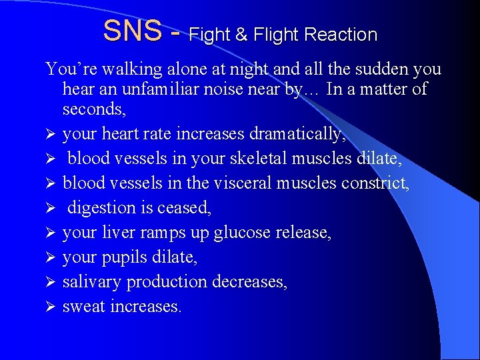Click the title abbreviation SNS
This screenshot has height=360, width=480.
coord(133,31)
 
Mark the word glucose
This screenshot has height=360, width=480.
coord(237,233)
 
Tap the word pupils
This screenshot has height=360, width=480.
coord(125,257)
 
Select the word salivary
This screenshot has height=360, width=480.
coord(91,282)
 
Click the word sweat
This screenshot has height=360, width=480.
coord(81,307)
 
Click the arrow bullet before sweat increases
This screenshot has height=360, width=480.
coord(50,307)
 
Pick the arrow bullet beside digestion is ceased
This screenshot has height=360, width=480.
coord(50,208)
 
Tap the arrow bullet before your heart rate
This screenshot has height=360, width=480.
coord(50,134)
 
